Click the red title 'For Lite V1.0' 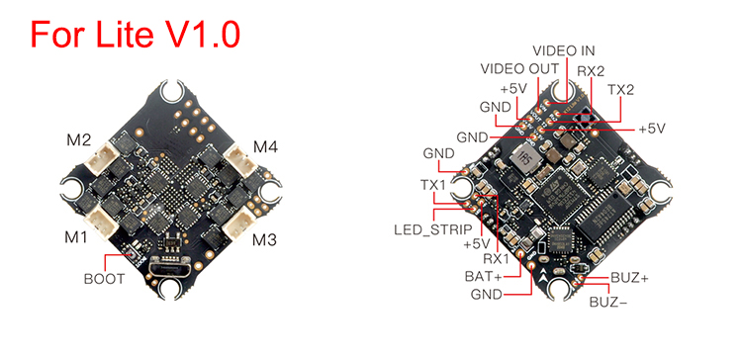pos(136,34)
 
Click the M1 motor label pos(76,236)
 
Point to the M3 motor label pos(264,240)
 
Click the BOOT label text pos(104,279)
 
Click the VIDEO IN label pos(564,50)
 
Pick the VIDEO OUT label pos(519,69)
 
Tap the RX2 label pos(591,71)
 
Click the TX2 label pos(620,90)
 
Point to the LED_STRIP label pos(433,229)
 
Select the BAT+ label pos(483,276)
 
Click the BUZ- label pos(608,302)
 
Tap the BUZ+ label pos(629,278)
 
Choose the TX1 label pos(433,185)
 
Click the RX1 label pos(496,259)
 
